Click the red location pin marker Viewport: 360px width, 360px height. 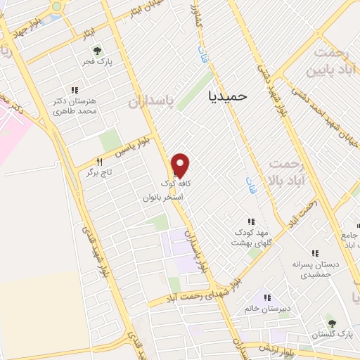(181, 165)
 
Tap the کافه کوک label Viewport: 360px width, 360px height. (180, 184)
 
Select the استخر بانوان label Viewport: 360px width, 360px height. (163, 198)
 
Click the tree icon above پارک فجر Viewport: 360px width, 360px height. (97, 51)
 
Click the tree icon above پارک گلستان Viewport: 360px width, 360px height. (332, 323)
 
